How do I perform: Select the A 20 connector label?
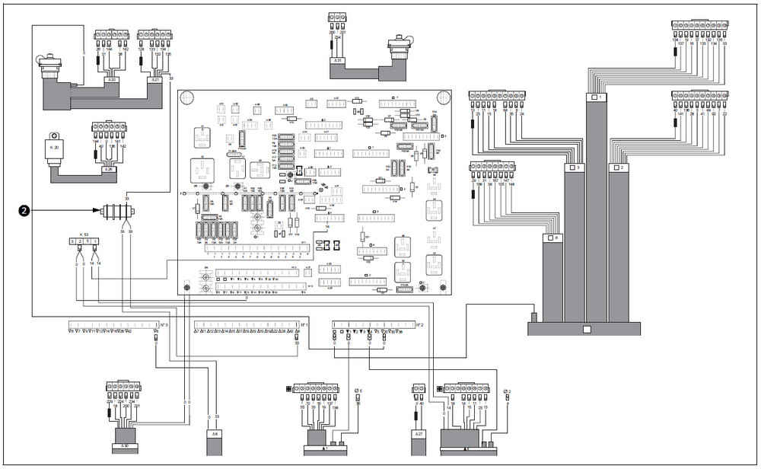tap(113, 78)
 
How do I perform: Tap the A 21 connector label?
tap(155, 78)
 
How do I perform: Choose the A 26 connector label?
tap(108, 169)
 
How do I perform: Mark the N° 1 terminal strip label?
tap(303, 324)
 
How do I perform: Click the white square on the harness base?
tap(585, 330)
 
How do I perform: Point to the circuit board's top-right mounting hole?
tap(442, 97)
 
